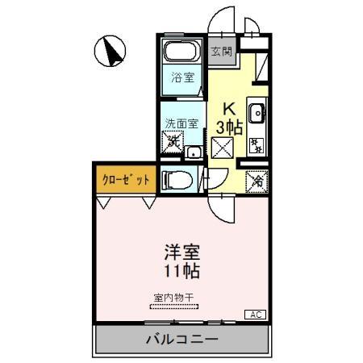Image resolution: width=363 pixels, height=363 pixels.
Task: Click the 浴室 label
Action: [x=183, y=78]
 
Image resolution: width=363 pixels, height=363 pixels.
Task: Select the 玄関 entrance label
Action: [x=222, y=51]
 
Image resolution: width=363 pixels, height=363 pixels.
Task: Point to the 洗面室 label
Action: [x=180, y=124]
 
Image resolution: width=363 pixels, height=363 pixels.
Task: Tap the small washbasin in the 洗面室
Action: [x=194, y=152]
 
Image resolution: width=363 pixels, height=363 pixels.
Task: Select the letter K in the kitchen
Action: [x=228, y=109]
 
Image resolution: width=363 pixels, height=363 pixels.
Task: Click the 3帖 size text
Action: [x=228, y=127]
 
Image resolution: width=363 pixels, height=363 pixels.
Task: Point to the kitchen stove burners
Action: [x=257, y=146]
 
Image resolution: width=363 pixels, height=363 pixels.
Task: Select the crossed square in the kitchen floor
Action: [x=223, y=147]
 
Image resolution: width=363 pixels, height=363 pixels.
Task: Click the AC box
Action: [x=256, y=314]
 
